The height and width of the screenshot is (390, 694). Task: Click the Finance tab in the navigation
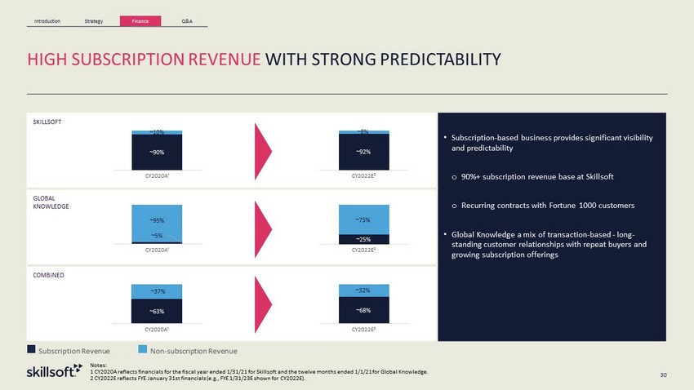pos(140,20)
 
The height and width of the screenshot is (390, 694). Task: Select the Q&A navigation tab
pos(187,20)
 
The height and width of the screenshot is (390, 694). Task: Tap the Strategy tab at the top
pos(94,20)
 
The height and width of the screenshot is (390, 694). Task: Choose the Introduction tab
pos(47,20)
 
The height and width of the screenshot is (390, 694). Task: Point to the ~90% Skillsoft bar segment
pos(157,152)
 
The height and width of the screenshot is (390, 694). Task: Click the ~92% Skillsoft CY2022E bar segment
pos(364,152)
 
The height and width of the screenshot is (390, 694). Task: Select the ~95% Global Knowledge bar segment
pos(157,224)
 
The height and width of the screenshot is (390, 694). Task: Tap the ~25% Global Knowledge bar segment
pos(364,239)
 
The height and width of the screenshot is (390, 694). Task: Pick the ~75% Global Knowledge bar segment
pos(364,219)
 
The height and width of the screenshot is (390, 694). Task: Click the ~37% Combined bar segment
pos(157,291)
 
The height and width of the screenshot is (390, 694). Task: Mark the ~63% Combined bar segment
pos(157,311)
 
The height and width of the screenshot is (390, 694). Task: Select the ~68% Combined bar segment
pos(364,310)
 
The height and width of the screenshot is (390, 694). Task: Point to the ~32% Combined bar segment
pos(364,290)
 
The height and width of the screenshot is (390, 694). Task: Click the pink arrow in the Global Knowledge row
pos(263,229)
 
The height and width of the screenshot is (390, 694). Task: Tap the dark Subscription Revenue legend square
pos(31,349)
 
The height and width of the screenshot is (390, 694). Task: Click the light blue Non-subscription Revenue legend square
pos(143,349)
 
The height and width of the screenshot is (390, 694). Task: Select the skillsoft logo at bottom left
pos(55,371)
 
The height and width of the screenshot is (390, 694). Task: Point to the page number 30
pos(663,375)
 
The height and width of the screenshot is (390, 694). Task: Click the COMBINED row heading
pos(48,275)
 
